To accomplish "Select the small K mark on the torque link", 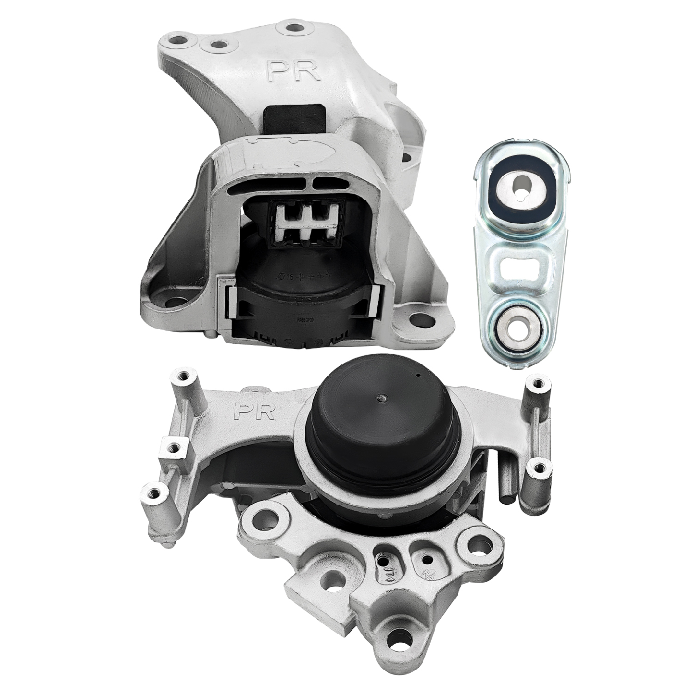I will (519, 283).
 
